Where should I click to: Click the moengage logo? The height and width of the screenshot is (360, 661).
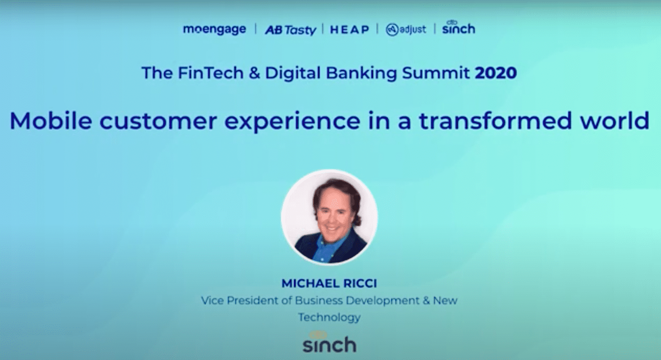coord(214,29)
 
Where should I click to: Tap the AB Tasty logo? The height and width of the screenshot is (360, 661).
coord(290,30)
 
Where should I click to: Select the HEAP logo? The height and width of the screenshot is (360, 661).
coord(349,30)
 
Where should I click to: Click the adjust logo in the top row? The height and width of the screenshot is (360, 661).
coord(406,30)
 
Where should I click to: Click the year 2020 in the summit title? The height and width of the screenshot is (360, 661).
coord(495,73)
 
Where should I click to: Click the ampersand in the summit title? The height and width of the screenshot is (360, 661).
coord(254,73)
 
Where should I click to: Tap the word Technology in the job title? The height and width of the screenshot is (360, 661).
coord(329,317)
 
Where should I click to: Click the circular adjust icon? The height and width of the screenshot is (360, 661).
coord(392,30)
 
